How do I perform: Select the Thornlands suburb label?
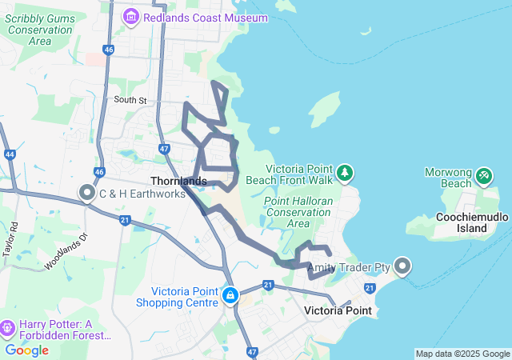(x=178, y=182)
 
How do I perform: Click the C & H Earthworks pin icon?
(x=86, y=193)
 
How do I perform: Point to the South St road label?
(x=130, y=100)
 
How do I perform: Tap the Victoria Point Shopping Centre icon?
(x=230, y=296)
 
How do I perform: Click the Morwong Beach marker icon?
(x=483, y=175)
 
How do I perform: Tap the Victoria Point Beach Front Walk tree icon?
(x=345, y=172)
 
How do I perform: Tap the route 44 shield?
(x=10, y=154)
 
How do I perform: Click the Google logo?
(x=26, y=350)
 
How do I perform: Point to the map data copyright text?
(x=462, y=354)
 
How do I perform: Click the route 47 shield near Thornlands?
(x=163, y=149)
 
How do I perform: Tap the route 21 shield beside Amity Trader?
(x=370, y=288)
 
